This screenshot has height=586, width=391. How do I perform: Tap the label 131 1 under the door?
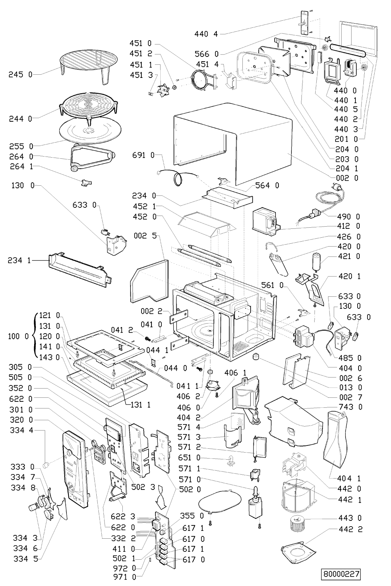[x=137, y=404]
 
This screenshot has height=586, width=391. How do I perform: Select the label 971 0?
[x=129, y=578]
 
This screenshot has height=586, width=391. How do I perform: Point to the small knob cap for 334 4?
[x=45, y=465]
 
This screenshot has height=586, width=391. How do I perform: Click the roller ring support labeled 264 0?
[x=91, y=159]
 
